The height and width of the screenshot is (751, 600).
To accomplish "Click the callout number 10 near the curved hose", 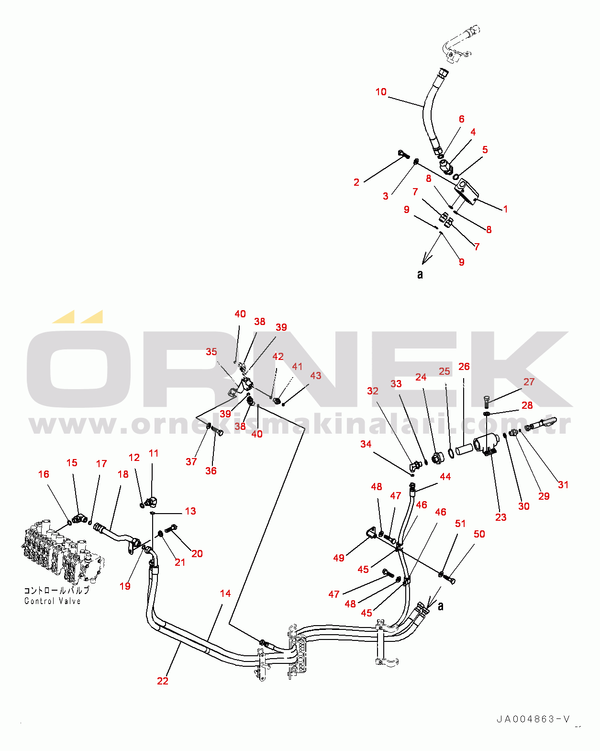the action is coord(381,92).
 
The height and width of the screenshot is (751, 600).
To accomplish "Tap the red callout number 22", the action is coord(163,681).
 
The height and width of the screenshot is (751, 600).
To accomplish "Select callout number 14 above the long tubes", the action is coord(225,593).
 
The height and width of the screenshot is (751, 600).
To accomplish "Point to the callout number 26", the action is coord(464,367).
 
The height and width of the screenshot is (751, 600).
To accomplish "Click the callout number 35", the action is coord(211,351).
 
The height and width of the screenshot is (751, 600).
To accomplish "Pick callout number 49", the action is coord(339,558).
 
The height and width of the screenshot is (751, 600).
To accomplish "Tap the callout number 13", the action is coord(190,511).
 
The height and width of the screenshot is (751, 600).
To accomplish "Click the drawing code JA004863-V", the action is coord(533,719).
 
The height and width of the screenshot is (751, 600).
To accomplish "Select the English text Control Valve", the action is coord(53,601).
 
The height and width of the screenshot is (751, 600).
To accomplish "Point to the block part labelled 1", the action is coord(467,192).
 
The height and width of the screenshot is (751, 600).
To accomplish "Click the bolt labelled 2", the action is coord(404,154).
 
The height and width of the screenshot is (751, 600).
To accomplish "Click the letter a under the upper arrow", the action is coord(420,274).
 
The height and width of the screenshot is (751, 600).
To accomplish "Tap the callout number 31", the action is coord(563,485).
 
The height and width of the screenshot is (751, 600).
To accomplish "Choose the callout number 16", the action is coord(44,474).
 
